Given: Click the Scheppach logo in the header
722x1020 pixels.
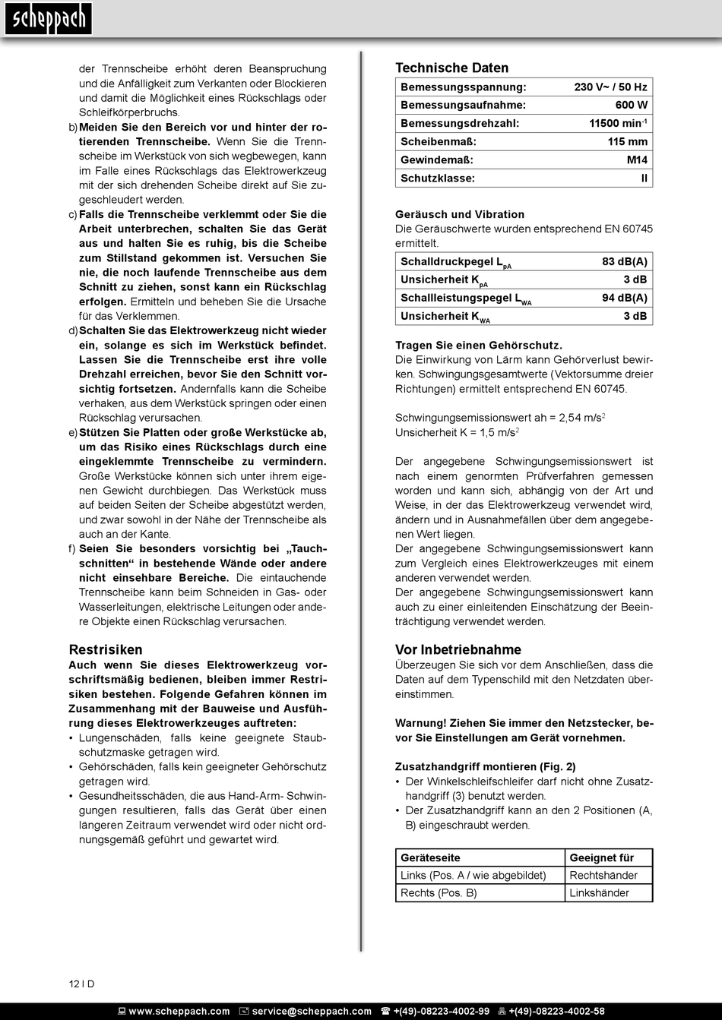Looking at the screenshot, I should tap(48, 19).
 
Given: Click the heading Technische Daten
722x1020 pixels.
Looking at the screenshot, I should tap(451, 68).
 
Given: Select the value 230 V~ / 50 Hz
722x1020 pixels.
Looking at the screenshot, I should tap(610, 87).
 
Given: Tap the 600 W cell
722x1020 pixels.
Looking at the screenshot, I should tap(631, 106).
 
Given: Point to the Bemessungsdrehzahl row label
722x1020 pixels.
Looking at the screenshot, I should tap(459, 124).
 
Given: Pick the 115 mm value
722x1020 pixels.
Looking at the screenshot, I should tap(627, 142).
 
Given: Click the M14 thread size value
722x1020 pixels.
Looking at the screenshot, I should tap(637, 160).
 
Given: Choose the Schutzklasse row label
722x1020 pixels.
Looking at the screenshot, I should tap(437, 178).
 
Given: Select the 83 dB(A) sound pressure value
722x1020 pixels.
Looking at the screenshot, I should tap(624, 262).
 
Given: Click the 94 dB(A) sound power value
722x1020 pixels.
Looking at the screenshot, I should tap(624, 298).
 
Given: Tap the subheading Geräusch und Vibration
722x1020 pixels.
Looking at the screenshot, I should tap(459, 215).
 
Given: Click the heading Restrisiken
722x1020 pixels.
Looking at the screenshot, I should tap(106, 650).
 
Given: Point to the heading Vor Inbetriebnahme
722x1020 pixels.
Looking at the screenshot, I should tap(458, 650).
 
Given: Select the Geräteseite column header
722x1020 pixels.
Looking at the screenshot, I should tap(430, 858).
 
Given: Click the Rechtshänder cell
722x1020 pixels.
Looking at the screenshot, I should tap(603, 876).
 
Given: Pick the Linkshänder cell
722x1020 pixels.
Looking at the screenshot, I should tap(599, 893).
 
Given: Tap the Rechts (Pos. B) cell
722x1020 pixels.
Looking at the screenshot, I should tap(439, 893).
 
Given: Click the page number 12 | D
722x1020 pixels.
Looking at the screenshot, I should tap(82, 984).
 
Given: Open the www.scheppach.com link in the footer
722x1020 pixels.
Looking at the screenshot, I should tap(179, 1012).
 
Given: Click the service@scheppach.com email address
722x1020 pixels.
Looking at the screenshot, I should tap(312, 1012).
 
